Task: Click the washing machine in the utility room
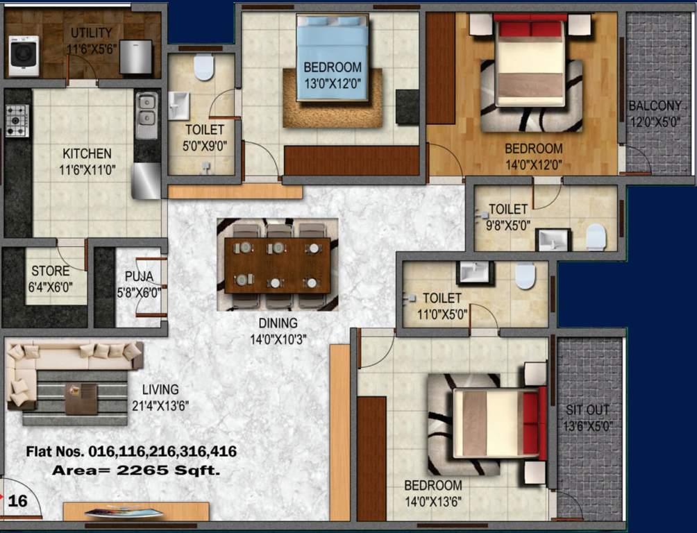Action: tap(24, 56)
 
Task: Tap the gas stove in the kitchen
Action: tap(17, 120)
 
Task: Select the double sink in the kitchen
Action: tap(146, 115)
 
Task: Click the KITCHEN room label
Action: tap(87, 153)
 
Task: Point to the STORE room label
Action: tap(51, 271)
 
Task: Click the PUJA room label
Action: tap(139, 277)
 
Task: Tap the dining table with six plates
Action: tap(277, 265)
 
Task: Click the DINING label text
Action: tap(278, 323)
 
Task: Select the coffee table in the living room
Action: tap(81, 398)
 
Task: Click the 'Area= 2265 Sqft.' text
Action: tap(136, 471)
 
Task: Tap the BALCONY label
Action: tap(655, 106)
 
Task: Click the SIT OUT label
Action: tap(589, 409)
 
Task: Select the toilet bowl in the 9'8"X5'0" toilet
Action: tap(596, 236)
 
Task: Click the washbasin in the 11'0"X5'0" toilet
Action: tap(475, 272)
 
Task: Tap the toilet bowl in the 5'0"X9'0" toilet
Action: tap(203, 67)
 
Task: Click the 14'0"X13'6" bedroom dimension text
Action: tap(433, 500)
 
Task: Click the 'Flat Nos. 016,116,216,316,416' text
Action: tap(131, 452)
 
